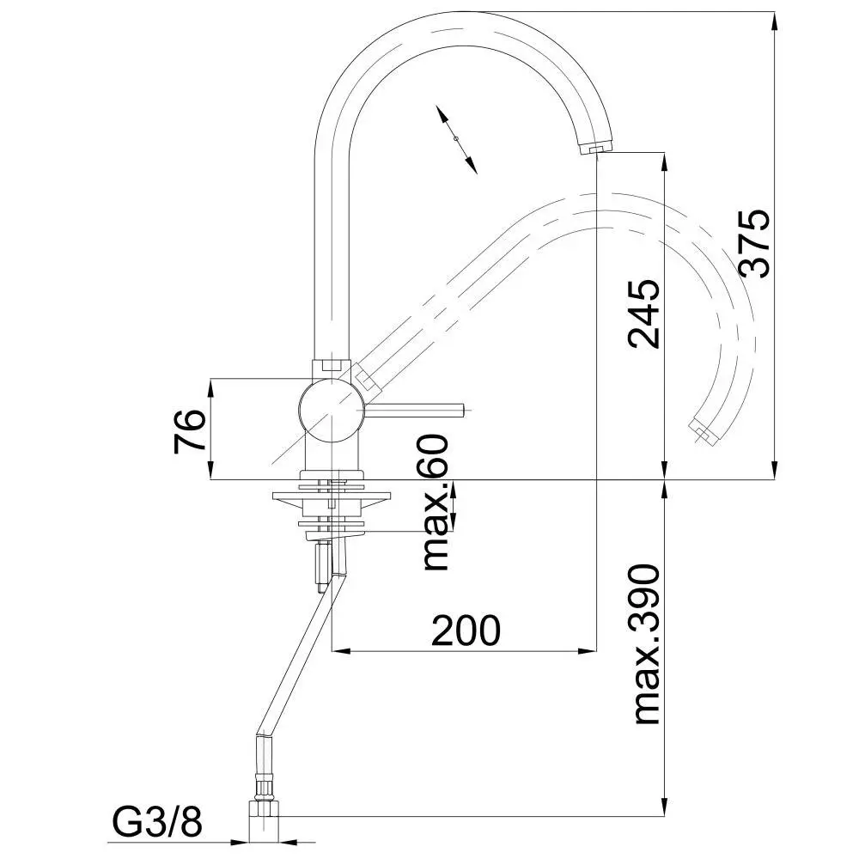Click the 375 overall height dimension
click(755, 243)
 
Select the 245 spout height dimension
click(644, 314)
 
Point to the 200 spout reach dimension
click(466, 630)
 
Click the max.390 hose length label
click(647, 644)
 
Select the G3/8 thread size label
click(157, 822)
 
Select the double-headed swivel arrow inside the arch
click(456, 140)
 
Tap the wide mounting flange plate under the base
click(332, 497)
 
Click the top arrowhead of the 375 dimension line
click(775, 21)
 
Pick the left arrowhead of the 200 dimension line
click(343, 651)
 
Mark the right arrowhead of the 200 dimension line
click(586, 651)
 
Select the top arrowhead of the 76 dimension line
click(211, 388)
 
